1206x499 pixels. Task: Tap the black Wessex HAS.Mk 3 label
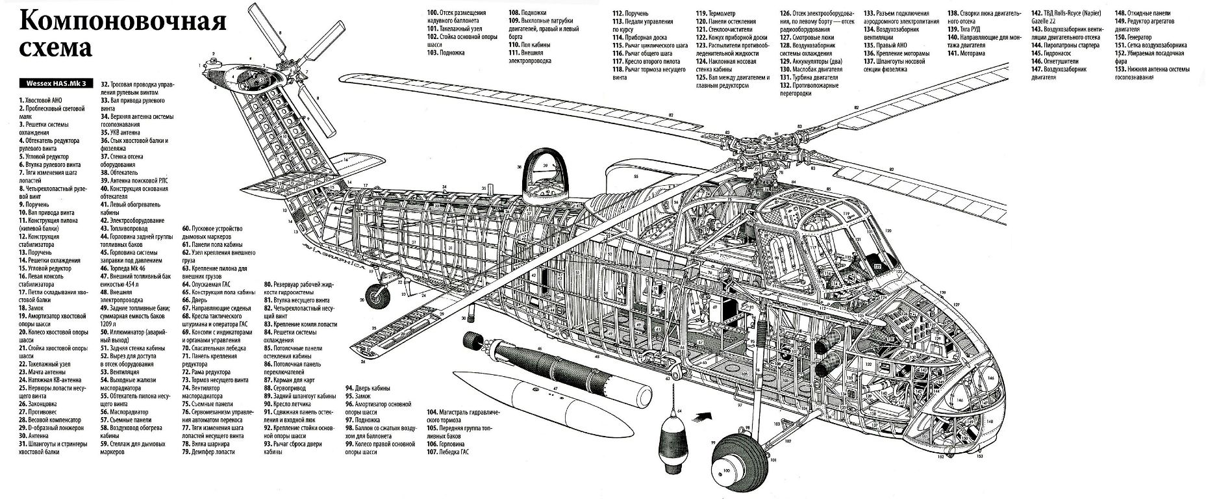click(57, 83)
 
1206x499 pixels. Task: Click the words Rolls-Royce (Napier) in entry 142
click(1064, 14)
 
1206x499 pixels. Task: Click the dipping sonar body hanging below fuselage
click(670, 441)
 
